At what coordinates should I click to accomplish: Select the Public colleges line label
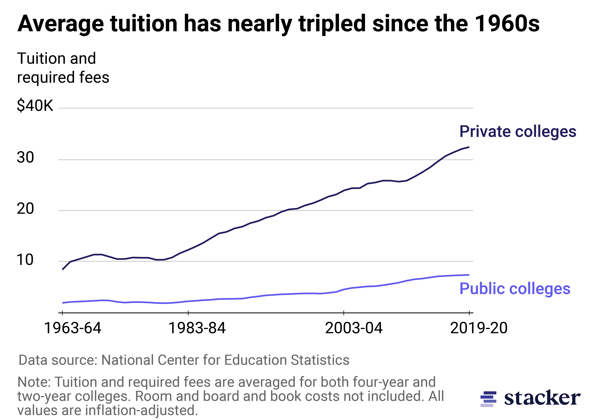coord(515,289)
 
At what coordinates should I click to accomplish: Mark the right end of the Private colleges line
coord(469,147)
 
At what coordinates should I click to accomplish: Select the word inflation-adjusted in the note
coord(141,410)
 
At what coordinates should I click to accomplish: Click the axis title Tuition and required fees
coord(63,68)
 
